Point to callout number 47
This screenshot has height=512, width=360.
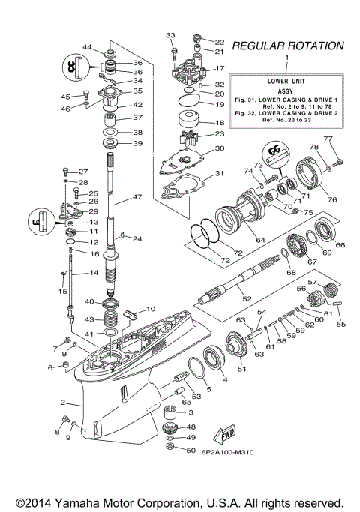coord(136,197)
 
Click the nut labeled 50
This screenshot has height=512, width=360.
coord(170,450)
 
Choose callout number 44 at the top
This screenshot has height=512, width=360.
coord(88,48)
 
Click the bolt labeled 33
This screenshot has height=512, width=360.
coord(172,50)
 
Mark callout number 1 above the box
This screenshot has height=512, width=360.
coord(285,58)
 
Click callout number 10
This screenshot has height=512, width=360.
coord(151,308)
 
